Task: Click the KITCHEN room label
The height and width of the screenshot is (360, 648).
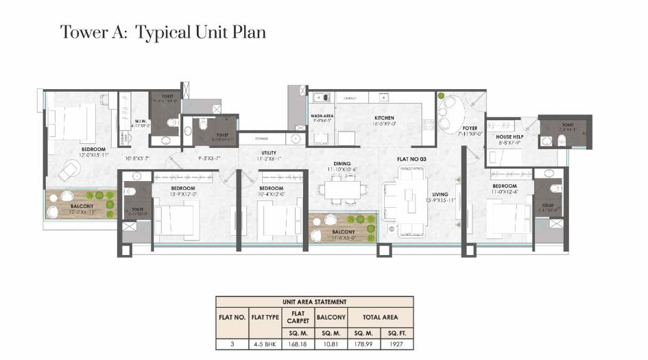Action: click(x=383, y=117)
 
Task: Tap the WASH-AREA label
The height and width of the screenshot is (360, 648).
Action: click(x=322, y=117)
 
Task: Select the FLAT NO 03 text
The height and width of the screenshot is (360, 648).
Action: click(x=412, y=159)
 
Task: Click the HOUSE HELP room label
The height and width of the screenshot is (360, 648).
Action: click(x=509, y=136)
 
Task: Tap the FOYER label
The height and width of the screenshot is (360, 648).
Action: click(x=470, y=128)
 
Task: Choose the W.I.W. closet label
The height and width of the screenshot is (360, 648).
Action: click(x=140, y=120)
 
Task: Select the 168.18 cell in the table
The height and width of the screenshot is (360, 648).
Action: click(x=295, y=343)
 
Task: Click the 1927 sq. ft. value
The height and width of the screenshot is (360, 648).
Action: click(x=394, y=343)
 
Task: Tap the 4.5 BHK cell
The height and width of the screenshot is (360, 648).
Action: click(x=263, y=343)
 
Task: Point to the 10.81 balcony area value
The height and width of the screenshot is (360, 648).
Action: click(x=330, y=343)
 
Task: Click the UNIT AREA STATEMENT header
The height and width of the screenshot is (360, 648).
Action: click(x=315, y=302)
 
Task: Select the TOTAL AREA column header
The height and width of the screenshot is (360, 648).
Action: click(x=380, y=317)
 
